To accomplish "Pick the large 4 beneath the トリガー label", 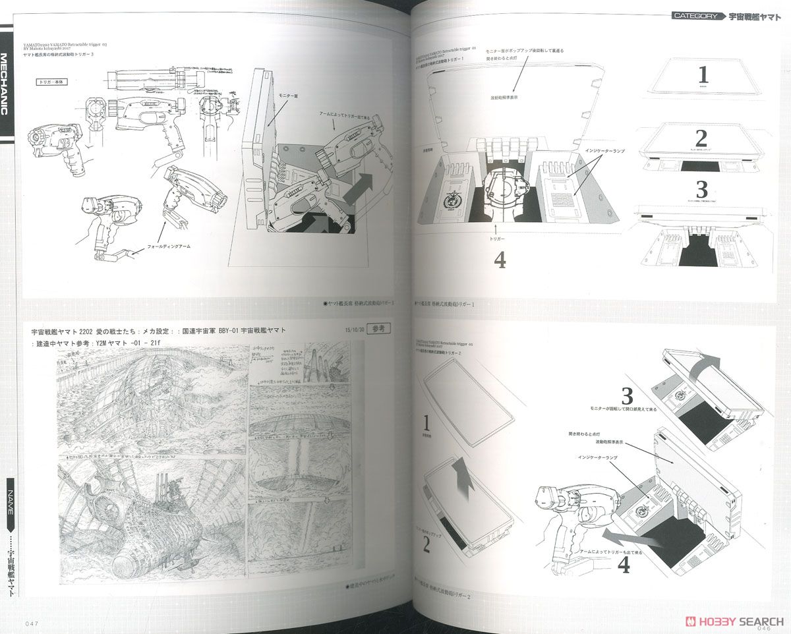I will click(500, 260).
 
